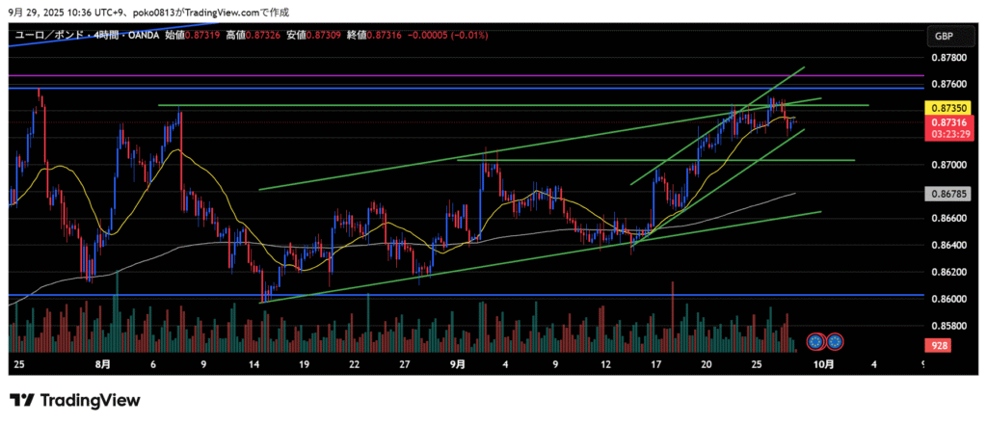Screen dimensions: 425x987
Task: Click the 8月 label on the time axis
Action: pos(103,364)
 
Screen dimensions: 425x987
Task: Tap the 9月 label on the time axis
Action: pos(458,364)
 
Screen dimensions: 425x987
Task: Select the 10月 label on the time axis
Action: pos(822,364)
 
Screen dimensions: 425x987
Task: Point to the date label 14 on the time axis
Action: pos(253,364)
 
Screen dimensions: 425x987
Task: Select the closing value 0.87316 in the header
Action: pos(387,36)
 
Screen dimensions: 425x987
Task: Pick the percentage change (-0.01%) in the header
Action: pos(469,36)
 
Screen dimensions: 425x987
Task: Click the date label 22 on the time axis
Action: pos(356,364)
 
